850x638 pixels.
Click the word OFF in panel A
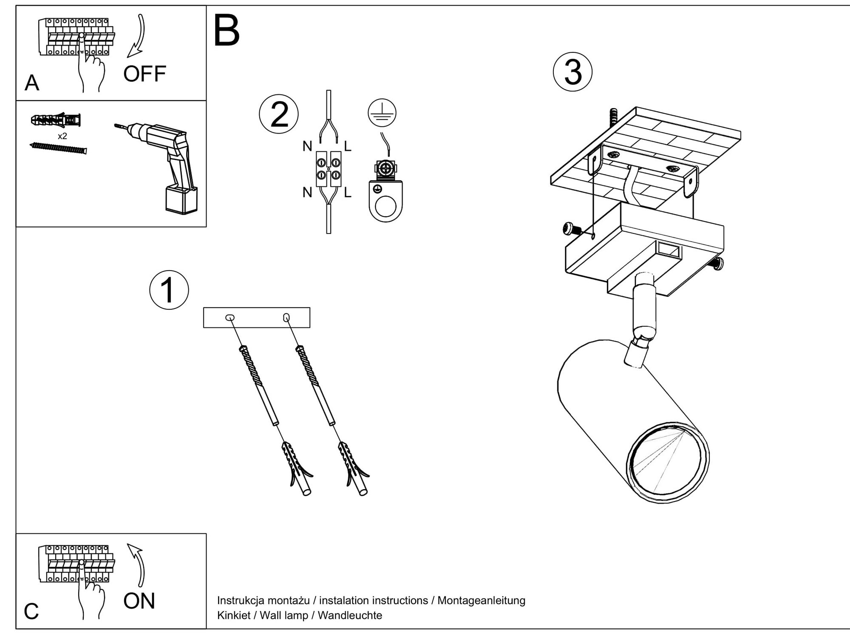(144, 74)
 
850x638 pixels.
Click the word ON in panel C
(139, 601)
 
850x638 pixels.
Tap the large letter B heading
(227, 31)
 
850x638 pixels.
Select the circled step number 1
(169, 290)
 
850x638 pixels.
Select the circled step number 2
(279, 114)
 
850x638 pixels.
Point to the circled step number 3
(572, 72)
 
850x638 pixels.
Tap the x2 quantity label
(62, 136)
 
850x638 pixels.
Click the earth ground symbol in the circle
(382, 113)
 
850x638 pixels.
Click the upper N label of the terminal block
(307, 146)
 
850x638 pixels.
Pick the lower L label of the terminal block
(348, 193)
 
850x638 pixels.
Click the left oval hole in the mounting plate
(230, 317)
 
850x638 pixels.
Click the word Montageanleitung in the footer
(481, 601)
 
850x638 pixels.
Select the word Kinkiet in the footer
(233, 615)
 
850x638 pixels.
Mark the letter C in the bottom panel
(31, 612)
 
